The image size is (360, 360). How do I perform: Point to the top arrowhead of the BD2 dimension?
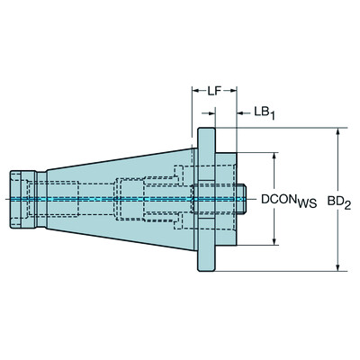click(337, 131)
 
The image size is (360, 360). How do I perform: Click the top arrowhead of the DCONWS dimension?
click(274, 156)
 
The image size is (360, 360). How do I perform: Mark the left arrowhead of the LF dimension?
click(193, 92)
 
